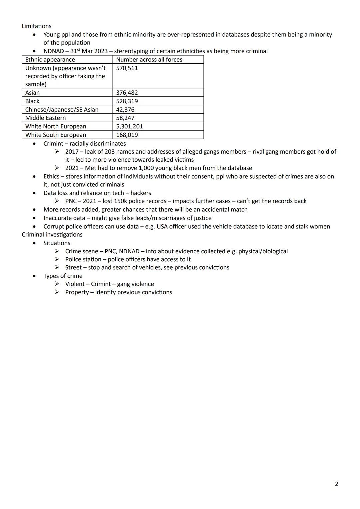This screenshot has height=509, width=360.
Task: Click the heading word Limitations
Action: (x=36, y=26)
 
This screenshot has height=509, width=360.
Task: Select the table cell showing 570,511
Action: (x=127, y=68)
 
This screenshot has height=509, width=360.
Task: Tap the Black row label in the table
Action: (x=32, y=101)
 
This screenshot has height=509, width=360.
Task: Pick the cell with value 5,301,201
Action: (x=129, y=126)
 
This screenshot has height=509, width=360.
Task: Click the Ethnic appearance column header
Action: (x=50, y=60)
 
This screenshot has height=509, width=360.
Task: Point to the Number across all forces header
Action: (x=149, y=60)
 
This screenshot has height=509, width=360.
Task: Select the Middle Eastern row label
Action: (x=45, y=118)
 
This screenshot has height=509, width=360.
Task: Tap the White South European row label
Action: (x=55, y=135)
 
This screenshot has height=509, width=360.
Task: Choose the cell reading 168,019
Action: (x=127, y=135)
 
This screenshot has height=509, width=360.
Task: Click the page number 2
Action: (x=336, y=484)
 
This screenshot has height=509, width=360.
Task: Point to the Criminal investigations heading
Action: (x=52, y=235)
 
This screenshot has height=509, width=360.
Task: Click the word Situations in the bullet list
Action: (x=57, y=243)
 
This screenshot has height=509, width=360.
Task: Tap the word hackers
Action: (x=141, y=193)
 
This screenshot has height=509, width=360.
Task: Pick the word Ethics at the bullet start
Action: (x=51, y=176)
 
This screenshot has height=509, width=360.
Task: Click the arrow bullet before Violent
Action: (x=57, y=284)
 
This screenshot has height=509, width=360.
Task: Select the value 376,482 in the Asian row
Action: (x=127, y=93)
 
